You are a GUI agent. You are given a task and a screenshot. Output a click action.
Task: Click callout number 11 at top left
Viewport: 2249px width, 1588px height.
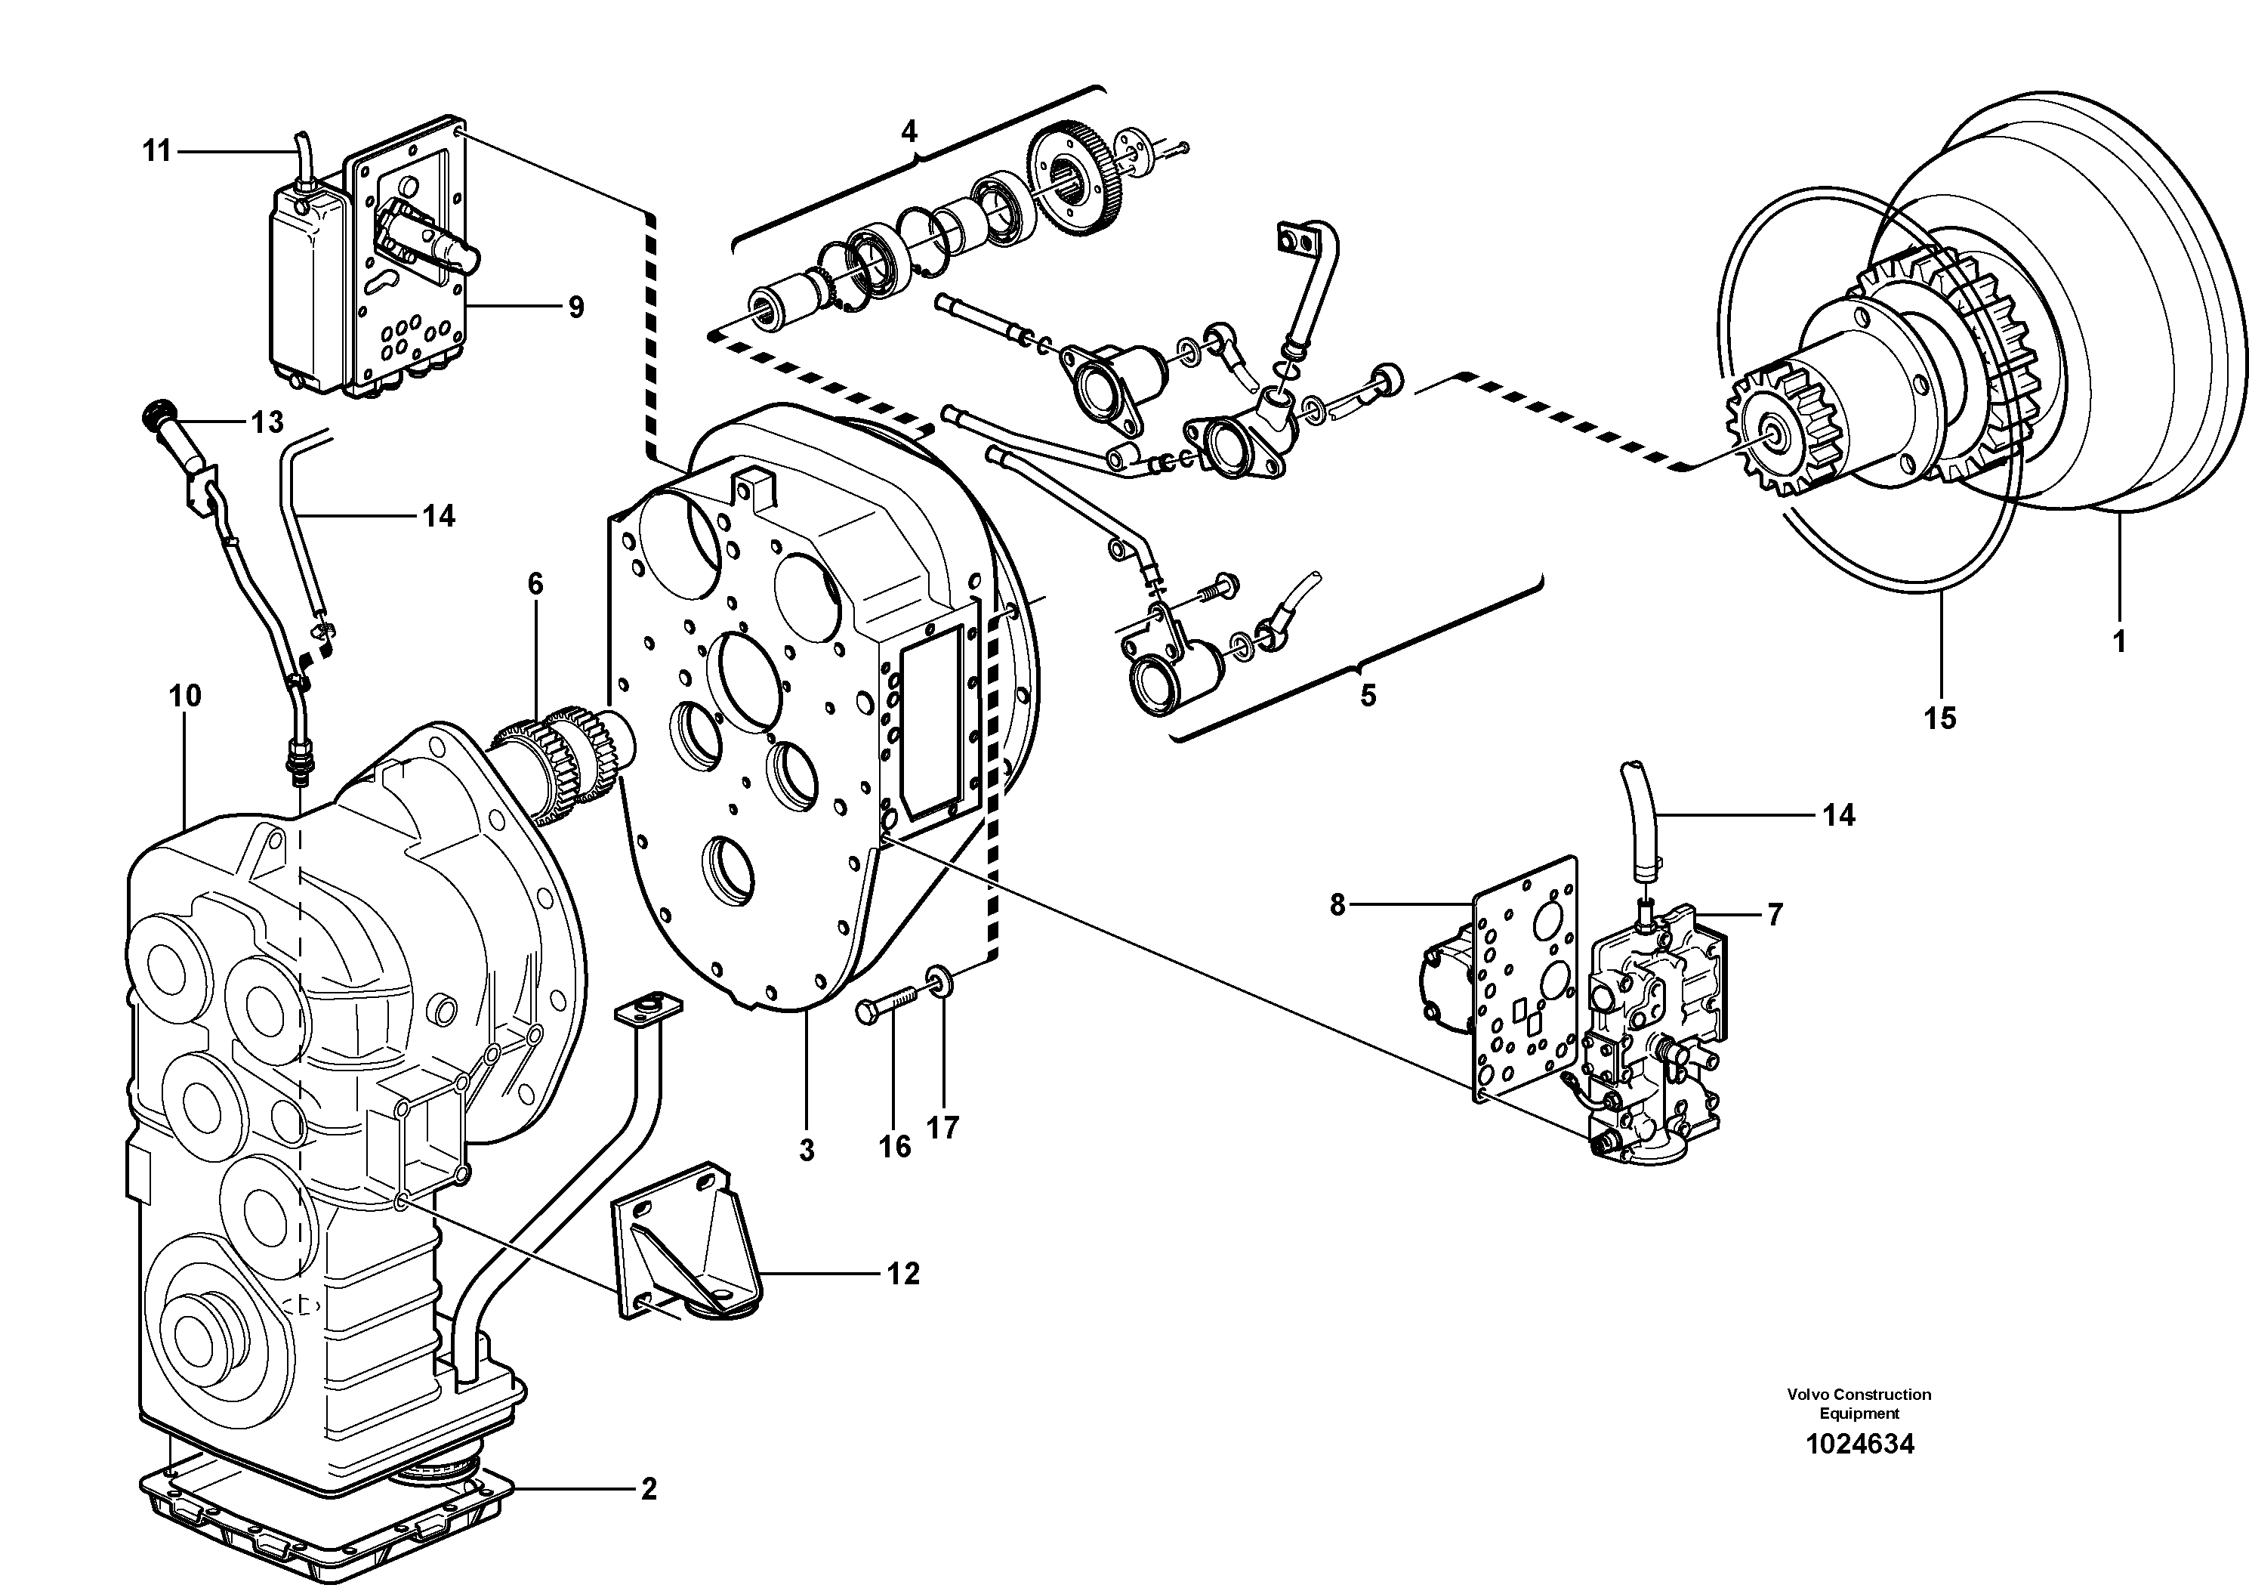pyautogui.click(x=157, y=151)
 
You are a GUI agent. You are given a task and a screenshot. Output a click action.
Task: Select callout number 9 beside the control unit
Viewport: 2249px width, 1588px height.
pyautogui.click(x=576, y=307)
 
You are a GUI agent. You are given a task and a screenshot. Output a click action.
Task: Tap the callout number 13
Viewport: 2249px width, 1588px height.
pyautogui.click(x=267, y=422)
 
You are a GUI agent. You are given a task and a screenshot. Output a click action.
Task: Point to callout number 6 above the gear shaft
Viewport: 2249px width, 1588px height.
pyautogui.click(x=535, y=585)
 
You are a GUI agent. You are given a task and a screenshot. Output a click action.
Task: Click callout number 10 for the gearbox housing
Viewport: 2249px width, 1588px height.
pyautogui.click(x=184, y=697)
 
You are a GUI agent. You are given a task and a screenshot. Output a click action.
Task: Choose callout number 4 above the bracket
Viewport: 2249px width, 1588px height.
pyautogui.click(x=909, y=131)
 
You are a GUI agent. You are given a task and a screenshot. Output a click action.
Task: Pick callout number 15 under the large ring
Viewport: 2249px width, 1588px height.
pyautogui.click(x=1939, y=718)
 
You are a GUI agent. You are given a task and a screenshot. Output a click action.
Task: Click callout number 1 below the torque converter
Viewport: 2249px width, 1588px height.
pyautogui.click(x=2118, y=643)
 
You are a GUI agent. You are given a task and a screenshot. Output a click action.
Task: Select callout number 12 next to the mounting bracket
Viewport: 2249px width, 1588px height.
pyautogui.click(x=903, y=1274)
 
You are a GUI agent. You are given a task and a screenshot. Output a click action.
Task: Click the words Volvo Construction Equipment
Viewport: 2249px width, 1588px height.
pyautogui.click(x=1858, y=1403)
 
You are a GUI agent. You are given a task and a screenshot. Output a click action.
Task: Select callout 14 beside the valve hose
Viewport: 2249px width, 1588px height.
pyautogui.click(x=1839, y=815)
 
